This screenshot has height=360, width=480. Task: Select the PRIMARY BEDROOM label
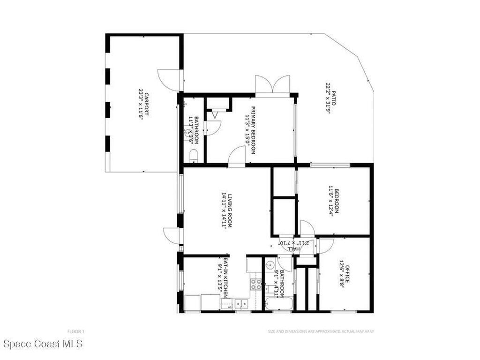[x=252, y=130]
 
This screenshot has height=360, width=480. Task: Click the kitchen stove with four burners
[x=256, y=283]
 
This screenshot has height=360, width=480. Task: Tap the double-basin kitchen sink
[x=241, y=304]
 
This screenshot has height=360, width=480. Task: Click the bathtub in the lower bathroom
[x=278, y=304]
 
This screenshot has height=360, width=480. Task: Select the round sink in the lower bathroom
[x=269, y=265]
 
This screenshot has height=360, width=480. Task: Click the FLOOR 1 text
[x=76, y=331]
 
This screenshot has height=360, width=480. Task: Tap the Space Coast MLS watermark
[x=42, y=344]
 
